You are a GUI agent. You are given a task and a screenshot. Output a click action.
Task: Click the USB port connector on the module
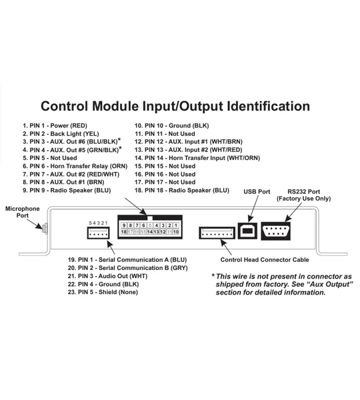[247, 231]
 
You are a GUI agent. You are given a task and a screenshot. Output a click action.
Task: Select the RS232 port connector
[275, 231]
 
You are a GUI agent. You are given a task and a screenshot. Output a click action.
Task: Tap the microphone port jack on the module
[45, 228]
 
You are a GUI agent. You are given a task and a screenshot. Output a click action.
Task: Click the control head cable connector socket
[217, 233]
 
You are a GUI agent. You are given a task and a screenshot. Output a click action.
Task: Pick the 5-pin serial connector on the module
[98, 233]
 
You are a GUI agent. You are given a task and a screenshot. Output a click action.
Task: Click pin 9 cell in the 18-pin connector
[124, 225]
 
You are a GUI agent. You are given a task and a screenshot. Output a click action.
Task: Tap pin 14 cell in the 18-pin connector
[150, 232]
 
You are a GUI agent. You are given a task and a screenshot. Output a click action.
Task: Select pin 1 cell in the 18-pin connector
[176, 225]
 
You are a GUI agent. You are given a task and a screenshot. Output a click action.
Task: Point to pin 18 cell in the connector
[124, 232]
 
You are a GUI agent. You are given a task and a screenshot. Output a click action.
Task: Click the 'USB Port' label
[257, 191]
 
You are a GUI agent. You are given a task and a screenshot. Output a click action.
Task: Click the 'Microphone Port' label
[23, 212]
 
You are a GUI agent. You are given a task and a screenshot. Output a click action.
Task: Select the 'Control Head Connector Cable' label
[265, 260]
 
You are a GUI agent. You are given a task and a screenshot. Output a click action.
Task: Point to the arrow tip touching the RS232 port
[285, 221]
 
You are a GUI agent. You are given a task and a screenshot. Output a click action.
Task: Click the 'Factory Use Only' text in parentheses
[303, 199]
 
